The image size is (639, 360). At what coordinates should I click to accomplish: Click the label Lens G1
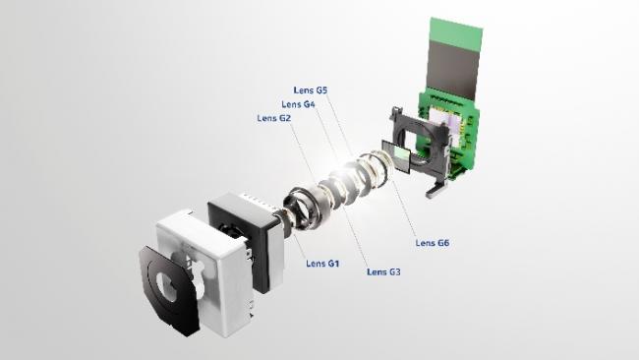(x=322, y=264)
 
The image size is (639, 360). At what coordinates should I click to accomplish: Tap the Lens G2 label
(x=274, y=118)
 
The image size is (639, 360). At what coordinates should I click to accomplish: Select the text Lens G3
(x=383, y=271)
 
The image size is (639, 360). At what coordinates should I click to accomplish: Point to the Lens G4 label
(x=298, y=104)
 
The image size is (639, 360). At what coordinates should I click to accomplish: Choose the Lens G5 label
(x=311, y=90)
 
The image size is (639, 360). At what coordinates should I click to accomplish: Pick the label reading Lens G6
(x=433, y=243)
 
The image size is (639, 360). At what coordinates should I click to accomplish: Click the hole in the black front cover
(x=167, y=286)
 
